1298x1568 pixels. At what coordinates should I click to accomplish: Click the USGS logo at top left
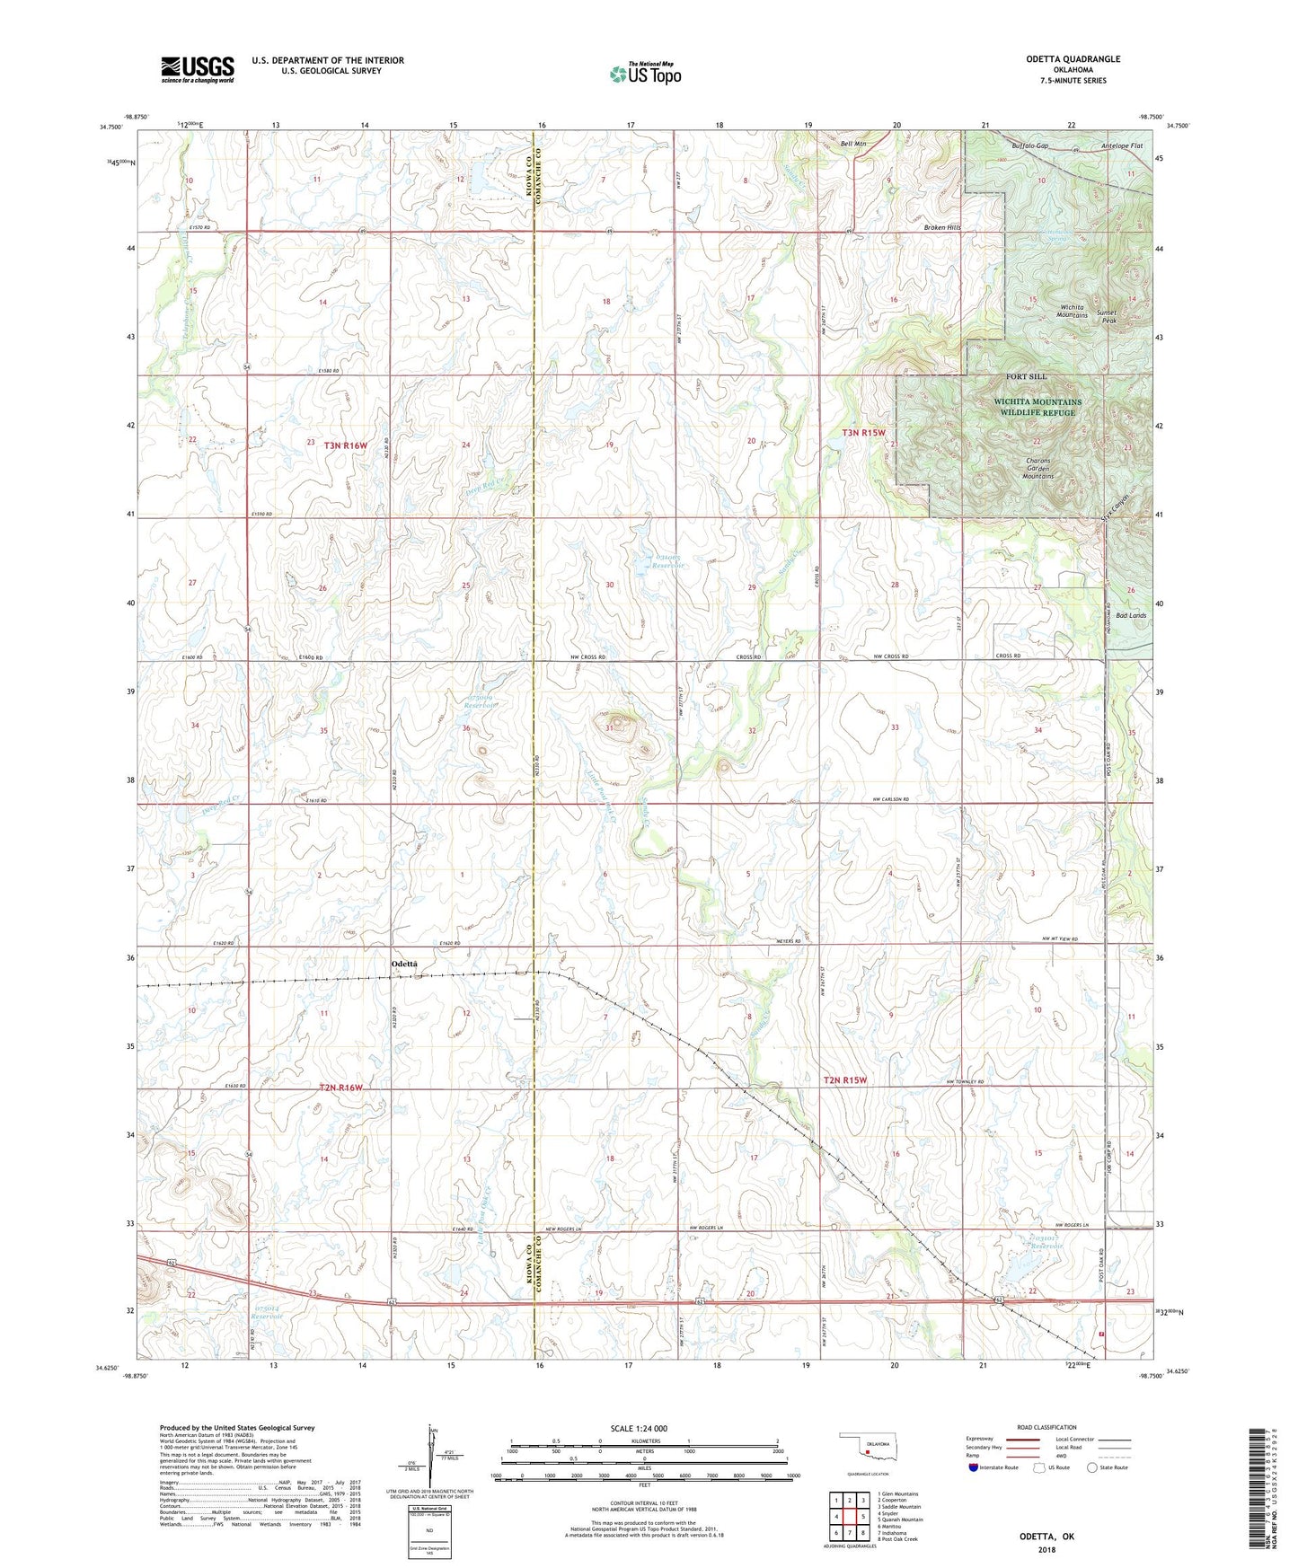[x=198, y=69]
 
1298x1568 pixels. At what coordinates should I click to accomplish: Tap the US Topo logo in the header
[x=645, y=74]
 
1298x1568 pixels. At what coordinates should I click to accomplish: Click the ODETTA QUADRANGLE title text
[x=1073, y=59]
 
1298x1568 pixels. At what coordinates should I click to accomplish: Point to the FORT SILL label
[x=1026, y=376]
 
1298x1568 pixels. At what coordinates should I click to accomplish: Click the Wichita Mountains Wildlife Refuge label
[x=1037, y=407]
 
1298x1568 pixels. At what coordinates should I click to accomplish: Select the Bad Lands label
[x=1131, y=616]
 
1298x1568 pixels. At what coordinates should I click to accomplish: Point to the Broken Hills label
[x=942, y=228]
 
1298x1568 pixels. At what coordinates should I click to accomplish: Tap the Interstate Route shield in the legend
[x=975, y=1467]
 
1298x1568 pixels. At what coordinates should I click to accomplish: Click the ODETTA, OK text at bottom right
[x=1046, y=1537]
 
